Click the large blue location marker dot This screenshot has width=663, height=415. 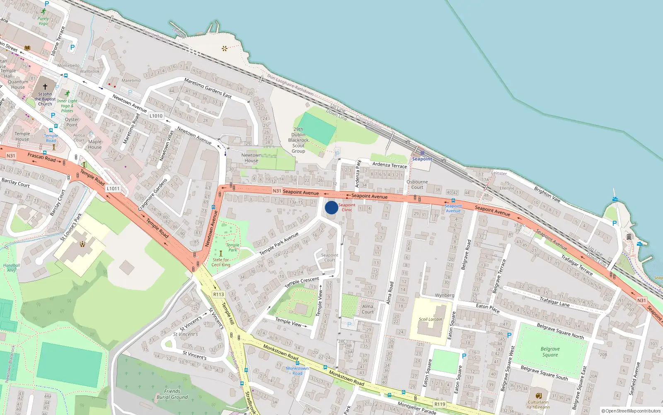[331, 207]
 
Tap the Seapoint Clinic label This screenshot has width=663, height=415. [347, 207]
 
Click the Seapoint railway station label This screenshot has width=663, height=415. [422, 159]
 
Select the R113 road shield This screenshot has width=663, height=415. [218, 294]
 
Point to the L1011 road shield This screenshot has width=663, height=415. [113, 188]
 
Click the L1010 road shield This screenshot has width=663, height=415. [156, 116]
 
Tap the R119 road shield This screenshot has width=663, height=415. [440, 404]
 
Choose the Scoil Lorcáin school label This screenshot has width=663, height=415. [431, 319]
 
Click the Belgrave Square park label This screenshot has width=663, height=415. [550, 352]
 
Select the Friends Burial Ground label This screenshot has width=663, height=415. [172, 394]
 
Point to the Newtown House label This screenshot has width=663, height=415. [251, 158]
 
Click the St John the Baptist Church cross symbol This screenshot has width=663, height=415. [45, 86]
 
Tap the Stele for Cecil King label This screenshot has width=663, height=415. [220, 262]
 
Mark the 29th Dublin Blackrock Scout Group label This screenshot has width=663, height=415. [298, 140]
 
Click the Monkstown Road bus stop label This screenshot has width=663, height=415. [297, 371]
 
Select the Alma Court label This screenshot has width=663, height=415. [368, 309]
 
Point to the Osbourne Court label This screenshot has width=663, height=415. [417, 185]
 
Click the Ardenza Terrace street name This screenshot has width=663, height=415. [390, 165]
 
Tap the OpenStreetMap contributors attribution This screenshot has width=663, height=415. [631, 411]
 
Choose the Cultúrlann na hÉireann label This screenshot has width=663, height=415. [538, 405]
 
